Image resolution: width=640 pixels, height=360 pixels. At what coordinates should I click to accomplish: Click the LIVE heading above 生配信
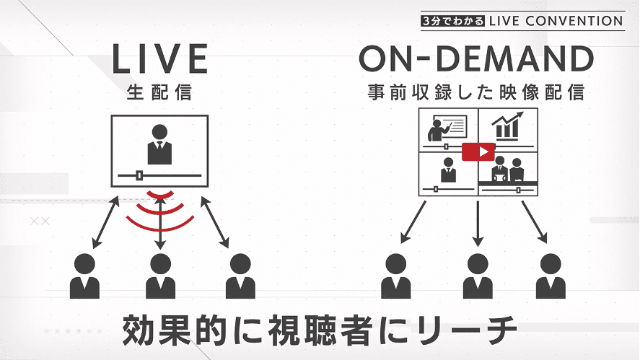tap(160, 59)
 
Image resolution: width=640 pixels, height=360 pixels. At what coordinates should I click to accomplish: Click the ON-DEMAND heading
tap(476, 58)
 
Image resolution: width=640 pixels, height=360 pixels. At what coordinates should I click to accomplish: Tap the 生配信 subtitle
tap(159, 92)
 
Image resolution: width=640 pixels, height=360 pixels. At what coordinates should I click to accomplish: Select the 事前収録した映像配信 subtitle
tap(476, 92)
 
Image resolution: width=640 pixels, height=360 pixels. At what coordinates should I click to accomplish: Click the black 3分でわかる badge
tap(453, 21)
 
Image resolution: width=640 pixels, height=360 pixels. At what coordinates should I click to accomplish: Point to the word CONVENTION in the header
tap(574, 21)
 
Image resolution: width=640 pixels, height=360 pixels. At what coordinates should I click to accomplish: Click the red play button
tap(478, 152)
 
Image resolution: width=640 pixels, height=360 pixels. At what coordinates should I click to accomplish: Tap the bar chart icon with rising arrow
tap(508, 126)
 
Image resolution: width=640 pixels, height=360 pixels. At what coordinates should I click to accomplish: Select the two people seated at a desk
tap(507, 170)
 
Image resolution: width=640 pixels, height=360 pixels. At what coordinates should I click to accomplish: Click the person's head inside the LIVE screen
tap(159, 132)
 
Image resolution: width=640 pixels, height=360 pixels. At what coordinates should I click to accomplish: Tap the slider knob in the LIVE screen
tap(139, 175)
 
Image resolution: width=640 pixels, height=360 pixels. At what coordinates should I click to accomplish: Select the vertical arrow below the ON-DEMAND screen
tap(478, 224)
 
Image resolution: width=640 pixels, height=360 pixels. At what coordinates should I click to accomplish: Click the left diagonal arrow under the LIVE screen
tap(106, 222)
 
